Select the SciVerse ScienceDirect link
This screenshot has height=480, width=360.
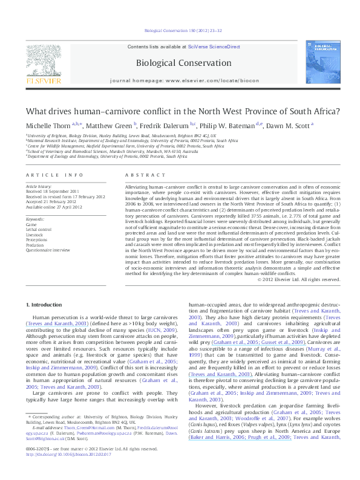[214, 47]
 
